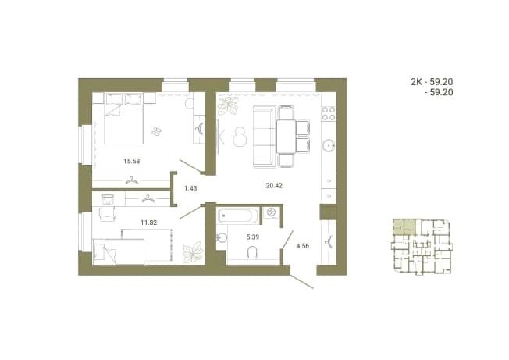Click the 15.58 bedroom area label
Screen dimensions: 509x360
point(131,161)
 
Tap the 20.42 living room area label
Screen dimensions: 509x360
point(274,186)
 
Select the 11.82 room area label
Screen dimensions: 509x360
point(148,223)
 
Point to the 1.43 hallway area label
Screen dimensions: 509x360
point(190,188)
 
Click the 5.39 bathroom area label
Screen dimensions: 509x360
point(253,237)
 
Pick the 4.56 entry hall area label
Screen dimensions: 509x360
point(303,246)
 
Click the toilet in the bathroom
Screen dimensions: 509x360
point(252,252)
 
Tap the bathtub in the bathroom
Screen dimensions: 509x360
point(238,216)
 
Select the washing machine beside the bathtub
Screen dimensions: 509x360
point(271,213)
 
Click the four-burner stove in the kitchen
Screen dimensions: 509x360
point(328,113)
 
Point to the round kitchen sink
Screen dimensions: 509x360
point(329,145)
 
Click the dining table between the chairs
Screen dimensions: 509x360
point(286,137)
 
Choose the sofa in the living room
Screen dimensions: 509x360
point(265,137)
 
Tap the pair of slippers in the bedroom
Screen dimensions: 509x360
point(156,131)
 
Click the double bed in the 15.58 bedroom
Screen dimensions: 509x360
point(123,119)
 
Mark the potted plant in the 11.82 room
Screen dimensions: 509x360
point(193,252)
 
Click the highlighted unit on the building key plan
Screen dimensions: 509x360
point(404,227)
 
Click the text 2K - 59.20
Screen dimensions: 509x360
point(432,82)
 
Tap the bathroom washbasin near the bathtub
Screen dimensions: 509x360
point(220,237)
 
